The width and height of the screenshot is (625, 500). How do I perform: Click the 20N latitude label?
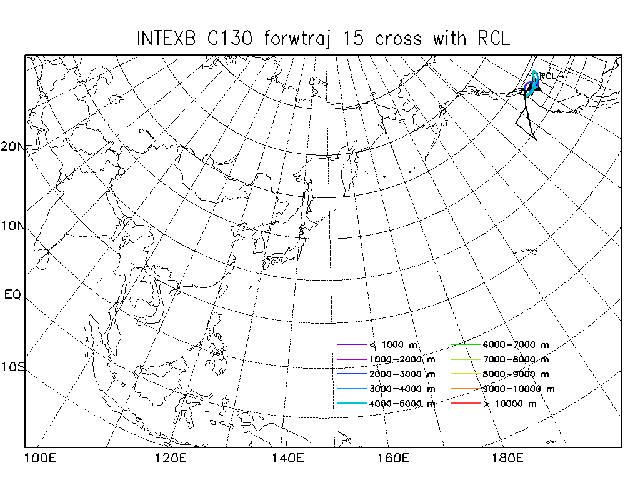(13, 147)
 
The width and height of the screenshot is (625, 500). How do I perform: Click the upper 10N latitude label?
(13, 225)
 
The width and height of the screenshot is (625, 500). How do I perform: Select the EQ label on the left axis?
(12, 294)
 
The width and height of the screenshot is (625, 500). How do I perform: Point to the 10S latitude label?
(13, 367)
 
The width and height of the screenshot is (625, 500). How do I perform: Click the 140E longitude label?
(288, 459)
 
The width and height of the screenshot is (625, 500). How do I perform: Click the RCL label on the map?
(547, 76)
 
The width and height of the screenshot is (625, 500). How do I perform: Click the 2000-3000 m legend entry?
(402, 374)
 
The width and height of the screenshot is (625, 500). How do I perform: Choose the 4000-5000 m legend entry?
(402, 404)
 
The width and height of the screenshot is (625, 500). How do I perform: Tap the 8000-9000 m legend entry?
(516, 374)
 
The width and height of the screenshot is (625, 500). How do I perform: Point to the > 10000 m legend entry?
(510, 404)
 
